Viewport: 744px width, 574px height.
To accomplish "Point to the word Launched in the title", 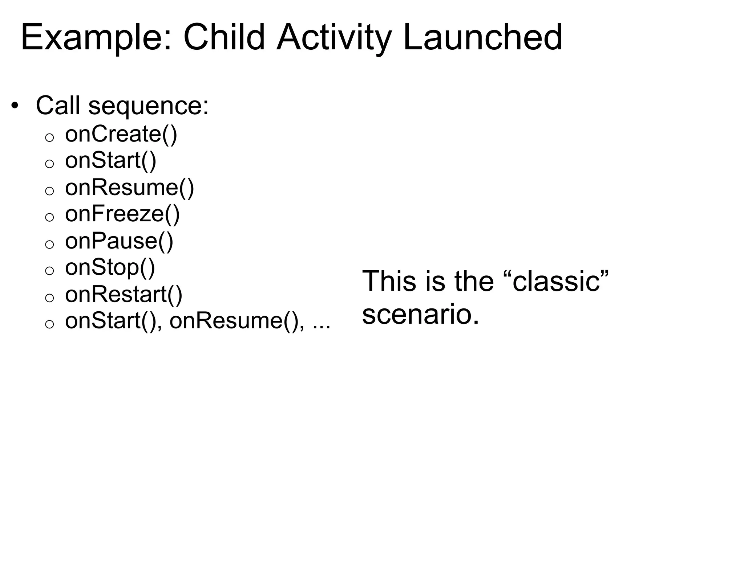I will pos(482,37).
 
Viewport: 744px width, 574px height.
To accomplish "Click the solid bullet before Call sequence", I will pos(14,106).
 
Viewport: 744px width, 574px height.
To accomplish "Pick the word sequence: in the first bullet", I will pos(149,106).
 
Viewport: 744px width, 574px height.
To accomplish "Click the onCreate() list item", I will pos(121,134).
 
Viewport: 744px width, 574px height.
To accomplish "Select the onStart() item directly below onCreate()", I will pos(110,160).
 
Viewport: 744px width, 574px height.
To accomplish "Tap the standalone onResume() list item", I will pos(129,188).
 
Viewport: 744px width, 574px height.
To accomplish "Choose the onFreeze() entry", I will pos(122,214).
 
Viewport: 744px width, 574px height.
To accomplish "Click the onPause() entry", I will pos(119,241).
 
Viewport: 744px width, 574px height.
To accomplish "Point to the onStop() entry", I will pos(110,268).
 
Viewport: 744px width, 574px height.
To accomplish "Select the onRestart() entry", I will pos(124,294).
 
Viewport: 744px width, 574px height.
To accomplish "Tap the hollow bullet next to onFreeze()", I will pos(49,217).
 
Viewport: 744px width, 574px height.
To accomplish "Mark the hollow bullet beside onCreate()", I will pos(49,138).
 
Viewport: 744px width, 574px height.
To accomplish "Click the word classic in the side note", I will pos(556,282).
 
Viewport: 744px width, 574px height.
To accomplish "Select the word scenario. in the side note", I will pos(420,314).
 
